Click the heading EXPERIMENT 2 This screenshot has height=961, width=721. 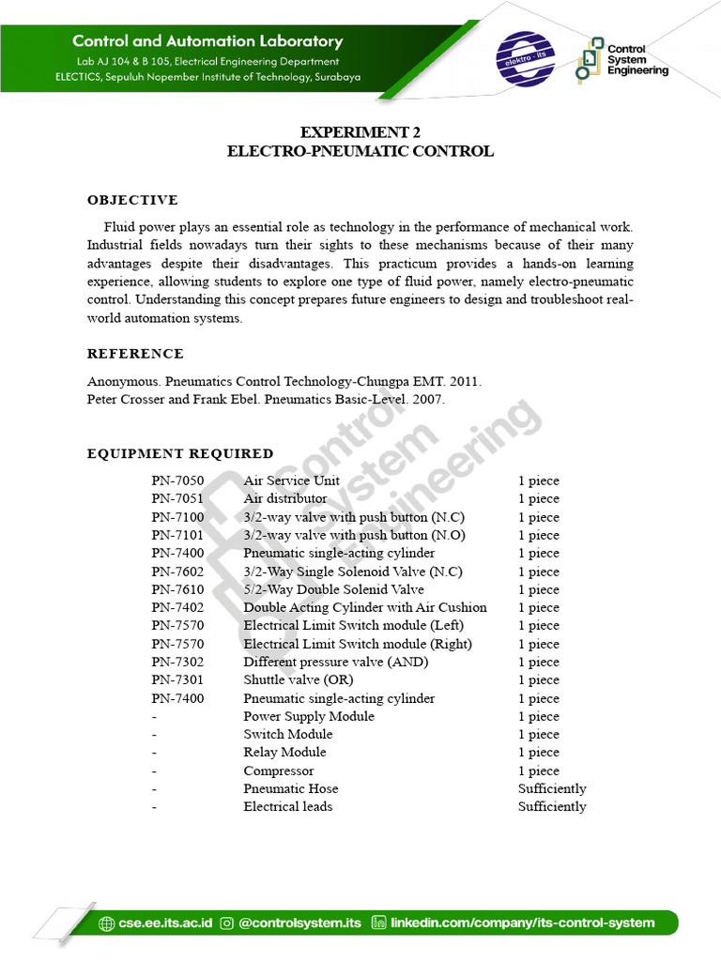click(360, 132)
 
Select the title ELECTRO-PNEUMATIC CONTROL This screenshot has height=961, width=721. click(360, 151)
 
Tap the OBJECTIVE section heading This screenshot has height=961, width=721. click(132, 200)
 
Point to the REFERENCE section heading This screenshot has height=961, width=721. click(135, 354)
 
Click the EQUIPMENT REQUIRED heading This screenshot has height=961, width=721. click(180, 453)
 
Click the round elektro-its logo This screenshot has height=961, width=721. click(525, 59)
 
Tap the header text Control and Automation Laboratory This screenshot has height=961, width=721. click(207, 41)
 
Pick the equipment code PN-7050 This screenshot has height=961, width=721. click(177, 480)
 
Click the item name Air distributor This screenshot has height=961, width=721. click(285, 498)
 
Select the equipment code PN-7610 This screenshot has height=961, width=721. click(177, 589)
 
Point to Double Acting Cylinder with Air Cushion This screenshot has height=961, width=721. click(365, 607)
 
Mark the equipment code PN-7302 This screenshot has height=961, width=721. click(177, 662)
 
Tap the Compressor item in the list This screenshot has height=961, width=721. click(279, 770)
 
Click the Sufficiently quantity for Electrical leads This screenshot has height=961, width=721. click(552, 806)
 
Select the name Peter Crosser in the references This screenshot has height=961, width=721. click(127, 399)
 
